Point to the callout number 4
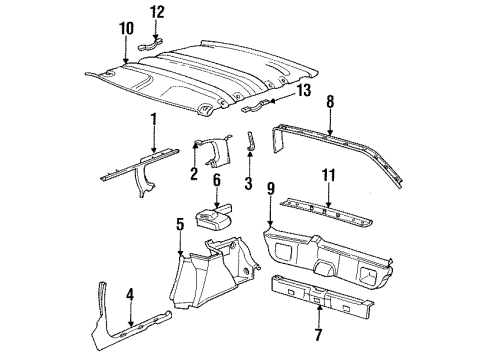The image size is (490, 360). pyautogui.click(x=130, y=294)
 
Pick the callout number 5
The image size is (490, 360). pyautogui.click(x=179, y=225)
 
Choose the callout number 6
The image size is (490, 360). pyautogui.click(x=214, y=180)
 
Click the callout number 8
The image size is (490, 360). pyautogui.click(x=329, y=101)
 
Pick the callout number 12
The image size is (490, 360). pyautogui.click(x=155, y=13)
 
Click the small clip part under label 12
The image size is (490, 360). pyautogui.click(x=154, y=42)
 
